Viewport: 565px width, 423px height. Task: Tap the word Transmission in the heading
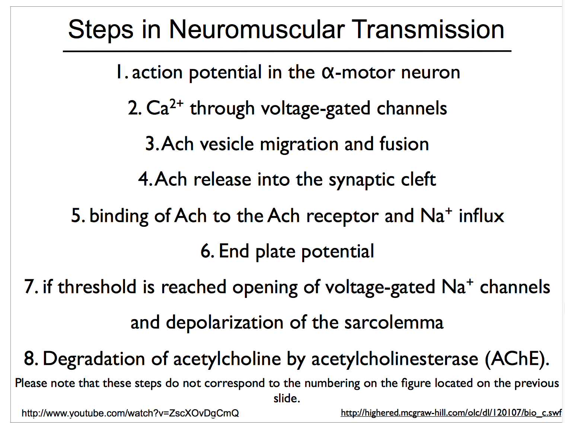click(428, 29)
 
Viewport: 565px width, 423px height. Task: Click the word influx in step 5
click(481, 216)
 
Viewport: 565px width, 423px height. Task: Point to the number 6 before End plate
click(206, 251)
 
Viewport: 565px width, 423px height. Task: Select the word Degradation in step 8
click(94, 359)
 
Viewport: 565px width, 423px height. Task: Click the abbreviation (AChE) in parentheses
click(517, 359)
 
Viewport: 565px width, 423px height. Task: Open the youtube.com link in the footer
click(130, 413)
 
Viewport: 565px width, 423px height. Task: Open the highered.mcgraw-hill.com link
click(451, 413)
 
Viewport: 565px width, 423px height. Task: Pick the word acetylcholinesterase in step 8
click(395, 359)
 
